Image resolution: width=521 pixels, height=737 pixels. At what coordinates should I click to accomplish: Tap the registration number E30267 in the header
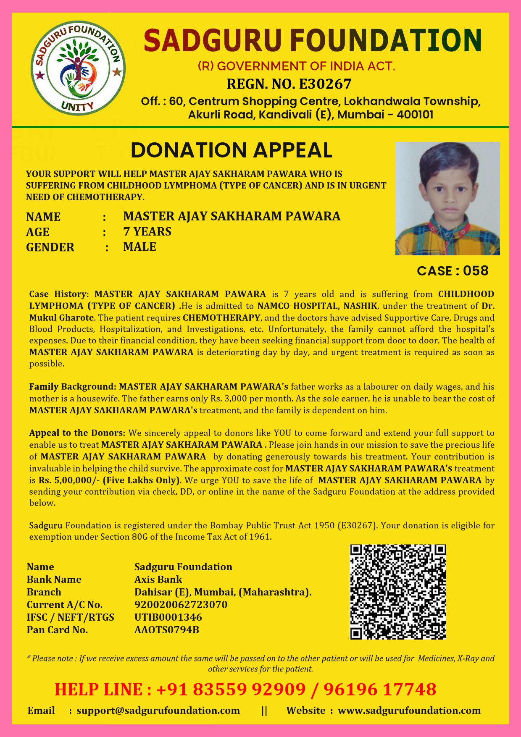[324, 84]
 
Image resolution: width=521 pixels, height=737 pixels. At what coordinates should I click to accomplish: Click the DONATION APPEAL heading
[232, 150]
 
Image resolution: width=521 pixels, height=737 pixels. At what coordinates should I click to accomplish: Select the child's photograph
[447, 199]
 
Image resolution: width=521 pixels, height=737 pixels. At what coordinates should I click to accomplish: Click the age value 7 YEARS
[147, 231]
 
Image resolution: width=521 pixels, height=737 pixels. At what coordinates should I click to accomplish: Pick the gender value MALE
[139, 247]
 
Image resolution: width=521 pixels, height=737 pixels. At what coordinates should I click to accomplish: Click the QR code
[398, 592]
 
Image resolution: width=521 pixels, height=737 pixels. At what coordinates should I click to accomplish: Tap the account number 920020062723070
[181, 605]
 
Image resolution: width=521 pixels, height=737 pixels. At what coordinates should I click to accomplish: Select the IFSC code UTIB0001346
[168, 617]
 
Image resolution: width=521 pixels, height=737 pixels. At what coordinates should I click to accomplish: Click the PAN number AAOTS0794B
[166, 630]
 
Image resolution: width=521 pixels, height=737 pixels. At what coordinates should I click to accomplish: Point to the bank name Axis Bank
[158, 580]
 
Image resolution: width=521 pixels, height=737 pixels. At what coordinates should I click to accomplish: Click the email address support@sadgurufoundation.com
[158, 711]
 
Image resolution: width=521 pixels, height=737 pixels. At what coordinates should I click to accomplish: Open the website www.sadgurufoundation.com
[409, 711]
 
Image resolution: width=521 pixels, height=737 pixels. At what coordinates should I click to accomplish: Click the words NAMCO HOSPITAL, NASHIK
[317, 306]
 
